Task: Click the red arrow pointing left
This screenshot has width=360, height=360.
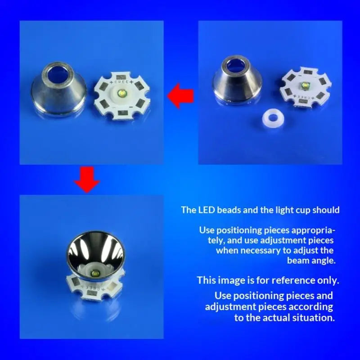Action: [180, 96]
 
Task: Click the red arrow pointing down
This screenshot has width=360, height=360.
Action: [87, 180]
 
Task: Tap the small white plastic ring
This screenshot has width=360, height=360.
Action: [273, 118]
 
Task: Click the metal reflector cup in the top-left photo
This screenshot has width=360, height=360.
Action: [58, 90]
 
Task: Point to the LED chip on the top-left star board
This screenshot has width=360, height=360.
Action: [121, 93]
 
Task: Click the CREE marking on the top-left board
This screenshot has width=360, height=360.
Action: [121, 82]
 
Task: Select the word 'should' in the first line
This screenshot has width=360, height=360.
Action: [326, 210]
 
